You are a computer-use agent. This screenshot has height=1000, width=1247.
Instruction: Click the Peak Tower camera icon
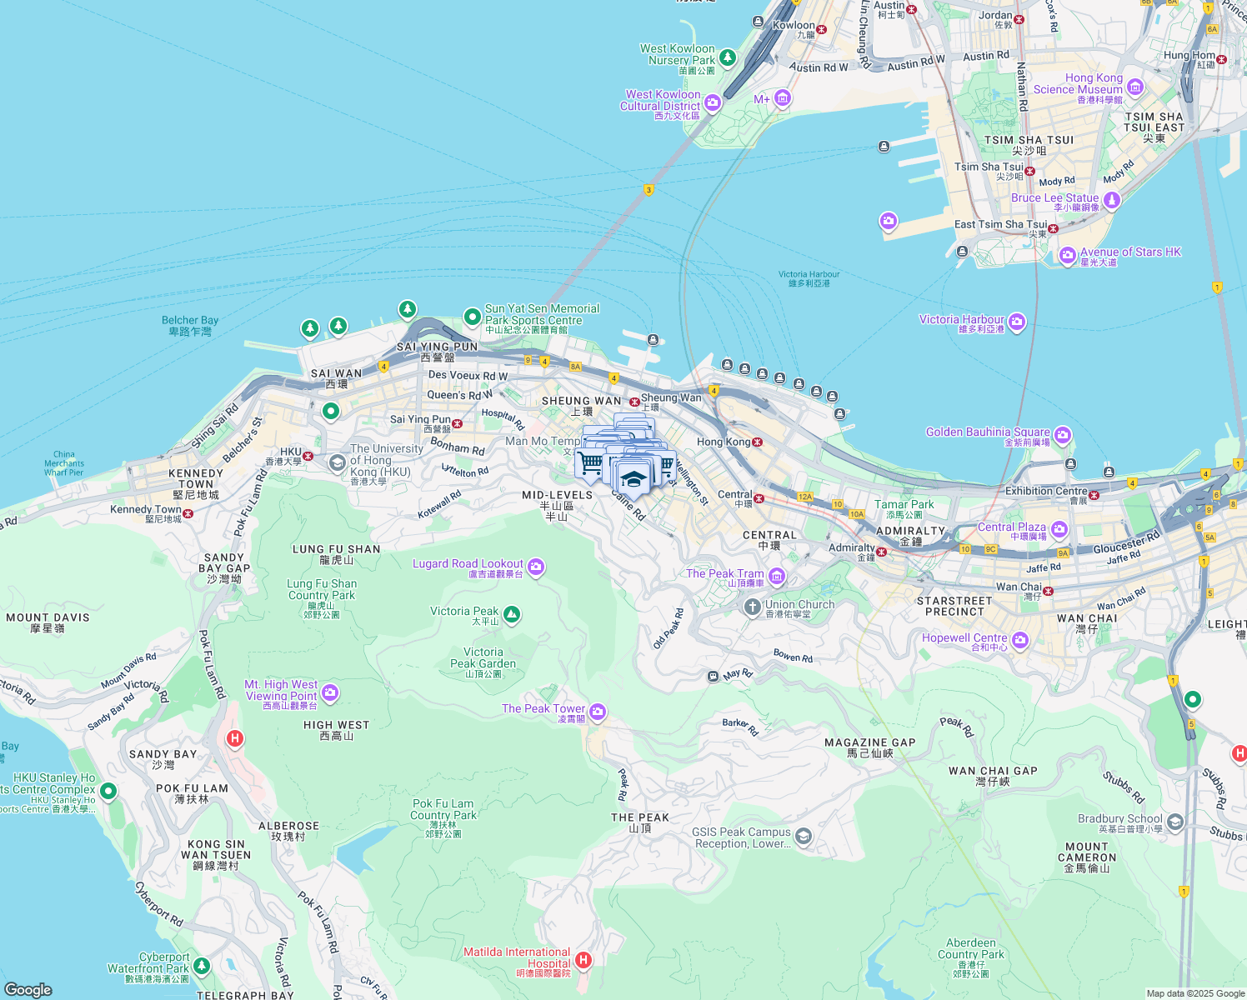click(x=598, y=712)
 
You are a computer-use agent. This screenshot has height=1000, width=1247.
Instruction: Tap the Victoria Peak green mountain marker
click(x=512, y=615)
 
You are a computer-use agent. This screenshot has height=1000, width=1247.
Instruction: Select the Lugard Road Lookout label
click(x=468, y=565)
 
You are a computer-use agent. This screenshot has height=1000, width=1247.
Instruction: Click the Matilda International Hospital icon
click(x=583, y=960)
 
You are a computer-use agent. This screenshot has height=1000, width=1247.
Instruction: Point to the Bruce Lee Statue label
click(x=1054, y=198)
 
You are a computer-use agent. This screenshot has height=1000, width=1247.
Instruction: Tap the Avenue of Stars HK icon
click(x=1068, y=255)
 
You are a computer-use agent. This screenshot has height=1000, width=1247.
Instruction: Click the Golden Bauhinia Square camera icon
click(x=1062, y=435)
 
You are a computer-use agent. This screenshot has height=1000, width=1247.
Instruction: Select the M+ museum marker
click(x=782, y=99)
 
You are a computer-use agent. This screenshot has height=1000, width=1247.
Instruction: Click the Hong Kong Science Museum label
click(x=1078, y=84)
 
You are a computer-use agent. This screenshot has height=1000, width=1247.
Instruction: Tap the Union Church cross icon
click(x=753, y=607)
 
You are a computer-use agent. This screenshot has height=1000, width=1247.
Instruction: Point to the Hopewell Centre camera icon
click(x=1020, y=640)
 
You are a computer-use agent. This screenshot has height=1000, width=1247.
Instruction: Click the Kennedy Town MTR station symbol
click(x=188, y=513)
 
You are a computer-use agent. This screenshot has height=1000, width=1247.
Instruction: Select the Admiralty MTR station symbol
click(x=881, y=552)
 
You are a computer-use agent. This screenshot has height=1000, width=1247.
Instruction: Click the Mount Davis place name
click(x=48, y=617)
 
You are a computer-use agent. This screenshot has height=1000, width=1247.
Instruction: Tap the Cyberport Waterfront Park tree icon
click(x=201, y=965)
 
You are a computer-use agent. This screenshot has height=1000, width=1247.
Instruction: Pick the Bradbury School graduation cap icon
click(x=1175, y=822)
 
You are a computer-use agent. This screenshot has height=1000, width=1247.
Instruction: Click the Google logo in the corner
click(x=28, y=989)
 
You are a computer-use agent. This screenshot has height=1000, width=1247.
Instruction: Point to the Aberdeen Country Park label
click(x=971, y=948)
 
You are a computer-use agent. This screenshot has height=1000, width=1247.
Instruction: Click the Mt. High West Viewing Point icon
click(x=330, y=692)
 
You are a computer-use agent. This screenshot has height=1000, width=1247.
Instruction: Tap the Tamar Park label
click(x=904, y=504)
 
